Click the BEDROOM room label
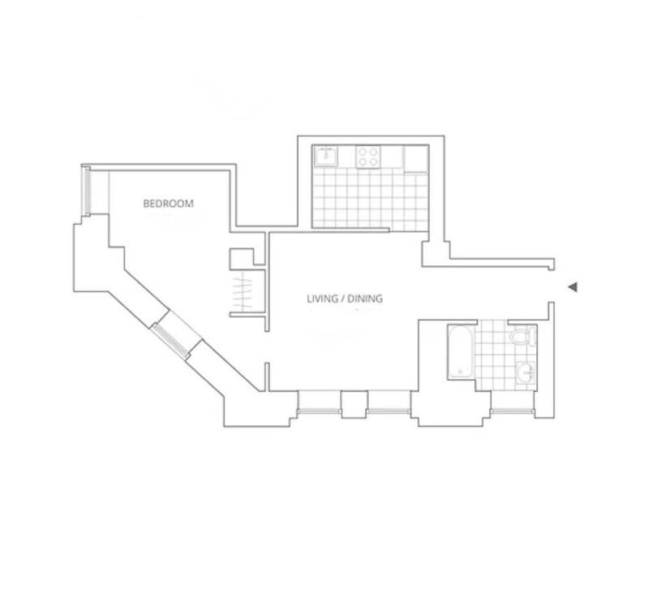coord(169,204)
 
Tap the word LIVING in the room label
coord(320,299)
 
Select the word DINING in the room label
coord(364,299)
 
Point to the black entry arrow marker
coord(572,286)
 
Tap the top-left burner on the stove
coord(363,150)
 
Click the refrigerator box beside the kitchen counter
coord(416,159)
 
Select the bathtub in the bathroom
coord(459,351)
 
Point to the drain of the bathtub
coord(459,372)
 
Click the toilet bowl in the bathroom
coord(518,337)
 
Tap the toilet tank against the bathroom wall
coord(532,336)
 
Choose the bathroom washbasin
coord(526,373)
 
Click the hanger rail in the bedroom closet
coord(243,293)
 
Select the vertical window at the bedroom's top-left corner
coord(87,192)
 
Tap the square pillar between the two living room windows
coord(354,404)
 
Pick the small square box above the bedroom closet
coord(242,259)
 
